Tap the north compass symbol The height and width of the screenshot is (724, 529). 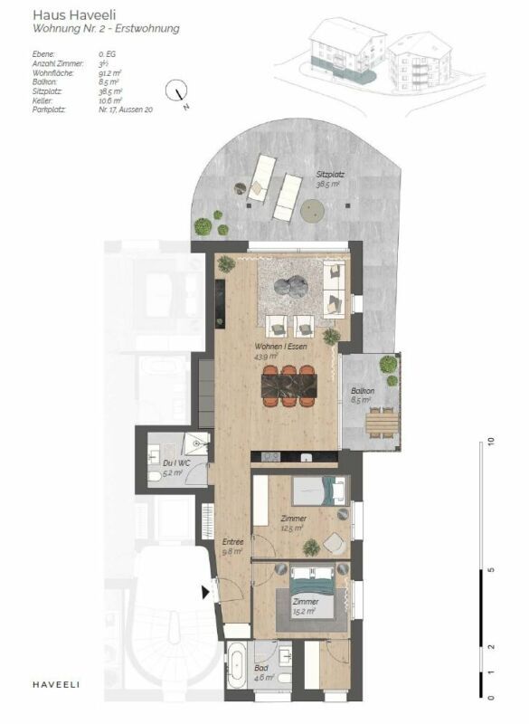click(x=177, y=91)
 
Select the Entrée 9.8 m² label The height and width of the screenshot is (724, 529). click(x=234, y=547)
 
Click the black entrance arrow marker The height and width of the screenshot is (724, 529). click(x=207, y=592)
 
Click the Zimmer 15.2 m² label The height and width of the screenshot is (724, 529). click(x=303, y=606)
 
